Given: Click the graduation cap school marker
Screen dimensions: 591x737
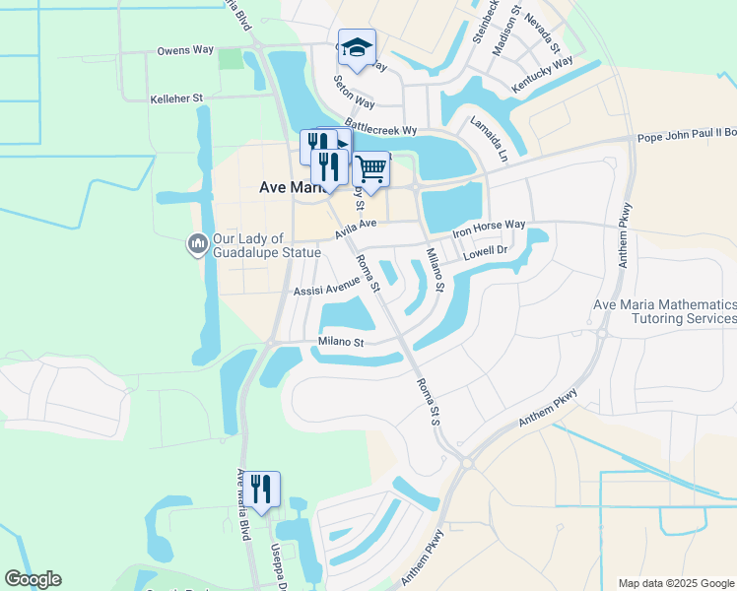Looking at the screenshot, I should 357,47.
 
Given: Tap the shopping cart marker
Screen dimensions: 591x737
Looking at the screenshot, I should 370,169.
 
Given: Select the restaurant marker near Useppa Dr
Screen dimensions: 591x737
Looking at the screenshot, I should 261,488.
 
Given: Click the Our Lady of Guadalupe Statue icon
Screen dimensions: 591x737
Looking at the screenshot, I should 197,243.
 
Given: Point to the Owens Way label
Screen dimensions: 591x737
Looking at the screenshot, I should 186,50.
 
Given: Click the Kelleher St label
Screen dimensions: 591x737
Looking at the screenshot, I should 176,98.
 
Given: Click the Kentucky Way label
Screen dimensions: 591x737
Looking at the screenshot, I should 543,76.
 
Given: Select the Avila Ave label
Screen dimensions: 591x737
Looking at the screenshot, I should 356,228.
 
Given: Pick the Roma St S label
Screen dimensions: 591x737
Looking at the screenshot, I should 428,402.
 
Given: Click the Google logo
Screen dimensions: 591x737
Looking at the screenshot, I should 33,579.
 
